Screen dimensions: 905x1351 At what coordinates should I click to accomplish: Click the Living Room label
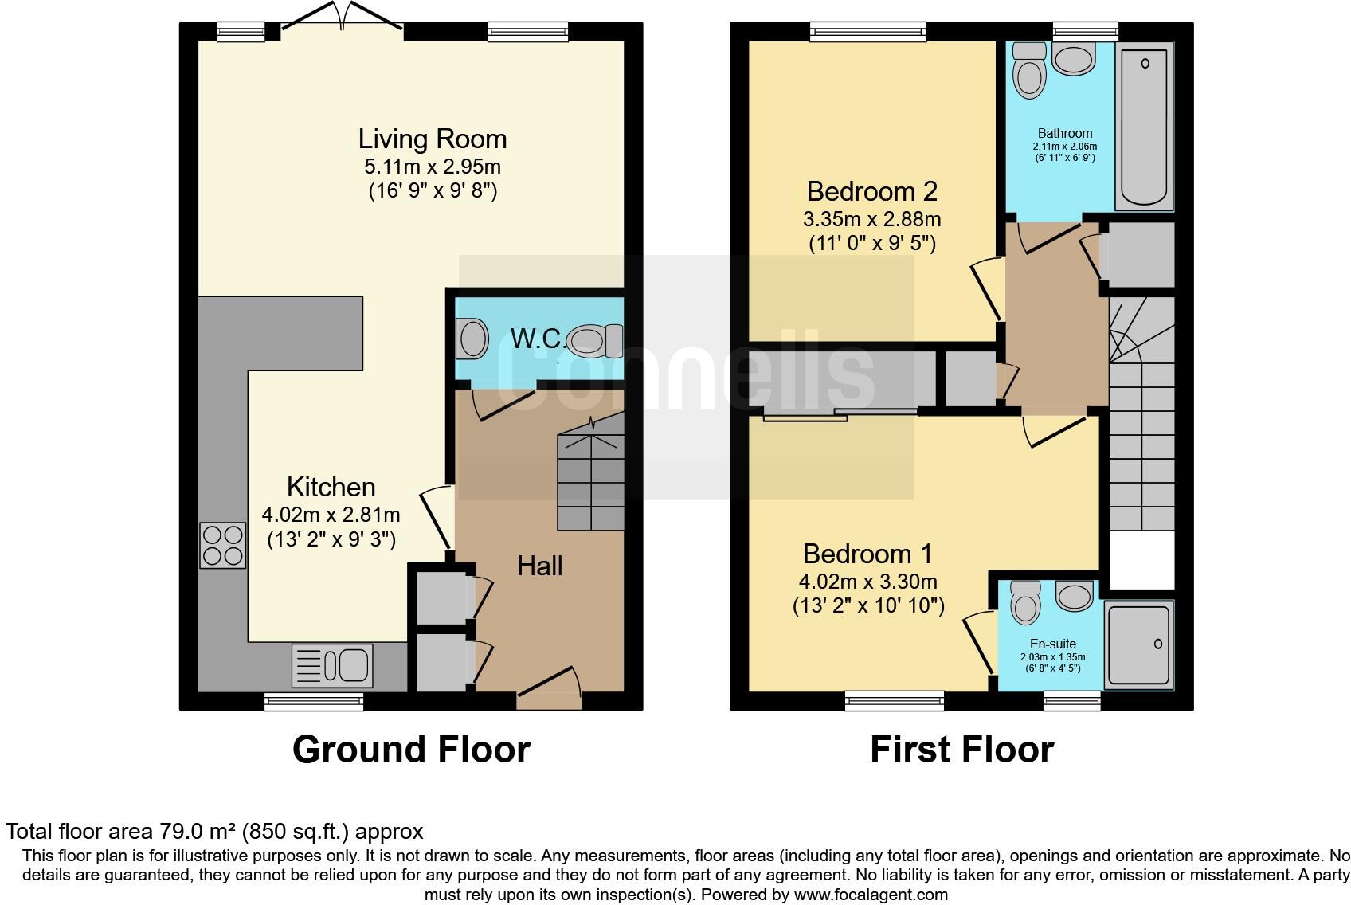432,139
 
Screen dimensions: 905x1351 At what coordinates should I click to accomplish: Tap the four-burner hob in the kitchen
222,545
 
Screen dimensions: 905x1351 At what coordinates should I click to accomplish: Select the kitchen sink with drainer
332,664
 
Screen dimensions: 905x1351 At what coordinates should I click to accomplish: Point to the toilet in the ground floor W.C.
593,341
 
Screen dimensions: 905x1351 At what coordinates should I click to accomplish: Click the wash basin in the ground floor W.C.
472,339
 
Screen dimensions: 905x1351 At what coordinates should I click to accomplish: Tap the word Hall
539,566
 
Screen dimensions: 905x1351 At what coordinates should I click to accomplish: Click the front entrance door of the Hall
550,687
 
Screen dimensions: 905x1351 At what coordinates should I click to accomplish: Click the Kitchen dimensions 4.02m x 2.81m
331,515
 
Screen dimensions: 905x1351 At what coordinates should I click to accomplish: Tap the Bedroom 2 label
871,191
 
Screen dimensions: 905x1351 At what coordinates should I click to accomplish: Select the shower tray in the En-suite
1138,644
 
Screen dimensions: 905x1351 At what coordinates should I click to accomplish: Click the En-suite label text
1052,644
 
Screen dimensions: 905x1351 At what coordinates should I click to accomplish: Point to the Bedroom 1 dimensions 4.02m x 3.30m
867,582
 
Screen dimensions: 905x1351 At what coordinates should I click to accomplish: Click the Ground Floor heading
411,750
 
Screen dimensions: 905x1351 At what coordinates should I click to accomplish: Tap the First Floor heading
961,750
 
